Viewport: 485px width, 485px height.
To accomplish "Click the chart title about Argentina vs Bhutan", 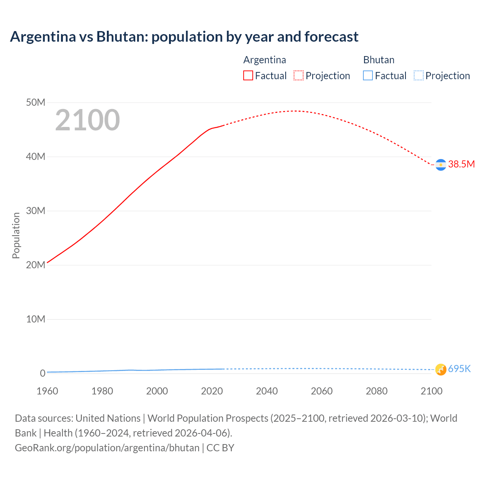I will click(x=184, y=37).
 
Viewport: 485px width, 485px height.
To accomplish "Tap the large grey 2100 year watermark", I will click(x=88, y=120).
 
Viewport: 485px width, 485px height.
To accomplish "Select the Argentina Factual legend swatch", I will click(x=248, y=76).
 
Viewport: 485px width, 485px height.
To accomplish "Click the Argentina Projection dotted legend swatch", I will click(x=299, y=76).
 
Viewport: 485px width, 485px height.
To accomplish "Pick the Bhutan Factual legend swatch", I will click(x=368, y=76).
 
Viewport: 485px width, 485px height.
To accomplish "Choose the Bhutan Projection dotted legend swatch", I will click(x=419, y=76).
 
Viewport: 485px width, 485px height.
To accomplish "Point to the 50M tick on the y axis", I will click(x=36, y=103).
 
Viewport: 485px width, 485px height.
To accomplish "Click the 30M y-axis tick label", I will click(x=36, y=211).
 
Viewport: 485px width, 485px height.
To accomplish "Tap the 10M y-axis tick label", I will click(x=36, y=319).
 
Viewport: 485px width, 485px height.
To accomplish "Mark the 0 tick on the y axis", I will click(x=42, y=374).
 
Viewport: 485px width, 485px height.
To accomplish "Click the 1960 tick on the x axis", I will click(x=47, y=391).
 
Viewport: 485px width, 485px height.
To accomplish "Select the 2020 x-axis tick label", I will click(x=212, y=391).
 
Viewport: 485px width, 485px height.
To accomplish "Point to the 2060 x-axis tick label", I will click(x=322, y=391).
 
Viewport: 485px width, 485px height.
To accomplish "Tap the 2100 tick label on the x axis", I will click(x=431, y=391).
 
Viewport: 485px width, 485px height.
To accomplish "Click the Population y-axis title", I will click(x=16, y=235).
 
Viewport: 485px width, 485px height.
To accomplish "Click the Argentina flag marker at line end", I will click(x=441, y=165).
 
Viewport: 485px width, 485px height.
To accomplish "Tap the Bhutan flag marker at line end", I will click(x=441, y=369).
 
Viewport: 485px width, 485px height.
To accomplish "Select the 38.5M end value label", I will click(x=461, y=164).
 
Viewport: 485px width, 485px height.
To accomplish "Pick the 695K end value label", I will click(x=459, y=369).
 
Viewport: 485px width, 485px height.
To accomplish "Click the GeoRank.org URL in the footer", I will click(x=107, y=448).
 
